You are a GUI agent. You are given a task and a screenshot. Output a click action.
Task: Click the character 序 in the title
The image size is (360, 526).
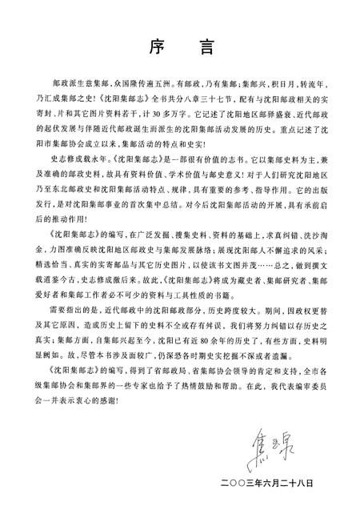click(153, 47)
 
